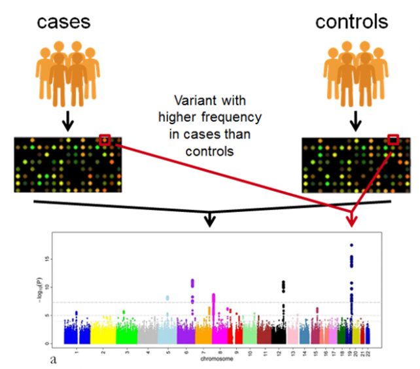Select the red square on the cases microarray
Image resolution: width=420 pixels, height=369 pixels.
coord(105,140)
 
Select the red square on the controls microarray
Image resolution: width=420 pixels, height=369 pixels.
coord(393,139)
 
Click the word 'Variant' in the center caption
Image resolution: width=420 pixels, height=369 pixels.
coord(194,103)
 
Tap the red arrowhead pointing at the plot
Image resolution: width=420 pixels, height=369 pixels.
coord(352,221)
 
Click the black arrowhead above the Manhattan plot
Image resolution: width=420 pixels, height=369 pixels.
coord(209,221)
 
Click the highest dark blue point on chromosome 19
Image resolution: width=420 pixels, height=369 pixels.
coord(352,245)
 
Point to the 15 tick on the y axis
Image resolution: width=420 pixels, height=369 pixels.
coord(58,259)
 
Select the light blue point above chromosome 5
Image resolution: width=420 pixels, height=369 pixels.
coord(167,298)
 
